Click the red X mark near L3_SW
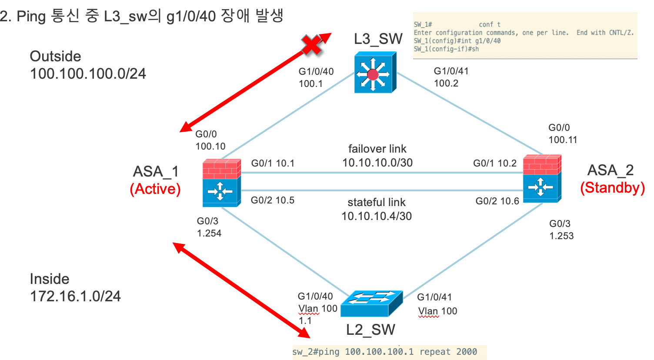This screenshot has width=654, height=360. pos(312,45)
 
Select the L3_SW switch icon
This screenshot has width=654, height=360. pos(375,73)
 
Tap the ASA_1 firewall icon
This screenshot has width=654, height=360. pos(221,183)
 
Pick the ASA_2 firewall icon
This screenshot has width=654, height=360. pos(542,179)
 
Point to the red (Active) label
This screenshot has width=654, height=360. pos(155,189)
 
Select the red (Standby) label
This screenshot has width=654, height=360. pos(612,188)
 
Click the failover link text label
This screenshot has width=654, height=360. pos(377,149)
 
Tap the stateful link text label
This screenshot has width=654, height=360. pos(377,202)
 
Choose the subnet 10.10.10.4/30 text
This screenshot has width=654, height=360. pos(377,216)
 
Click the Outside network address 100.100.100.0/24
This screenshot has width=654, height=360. pos(88,74)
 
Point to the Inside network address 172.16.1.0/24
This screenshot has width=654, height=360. pos(75,297)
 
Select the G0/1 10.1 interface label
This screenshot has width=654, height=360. pos(273,163)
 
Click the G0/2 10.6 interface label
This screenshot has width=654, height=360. pos(497,201)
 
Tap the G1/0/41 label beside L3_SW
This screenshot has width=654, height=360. pos(451,71)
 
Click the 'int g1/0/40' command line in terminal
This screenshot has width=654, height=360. pos(457,41)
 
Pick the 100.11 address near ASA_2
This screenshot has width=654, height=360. pos(563,140)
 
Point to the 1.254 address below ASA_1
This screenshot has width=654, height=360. pos(209,233)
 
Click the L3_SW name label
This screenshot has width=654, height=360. pos(378,39)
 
